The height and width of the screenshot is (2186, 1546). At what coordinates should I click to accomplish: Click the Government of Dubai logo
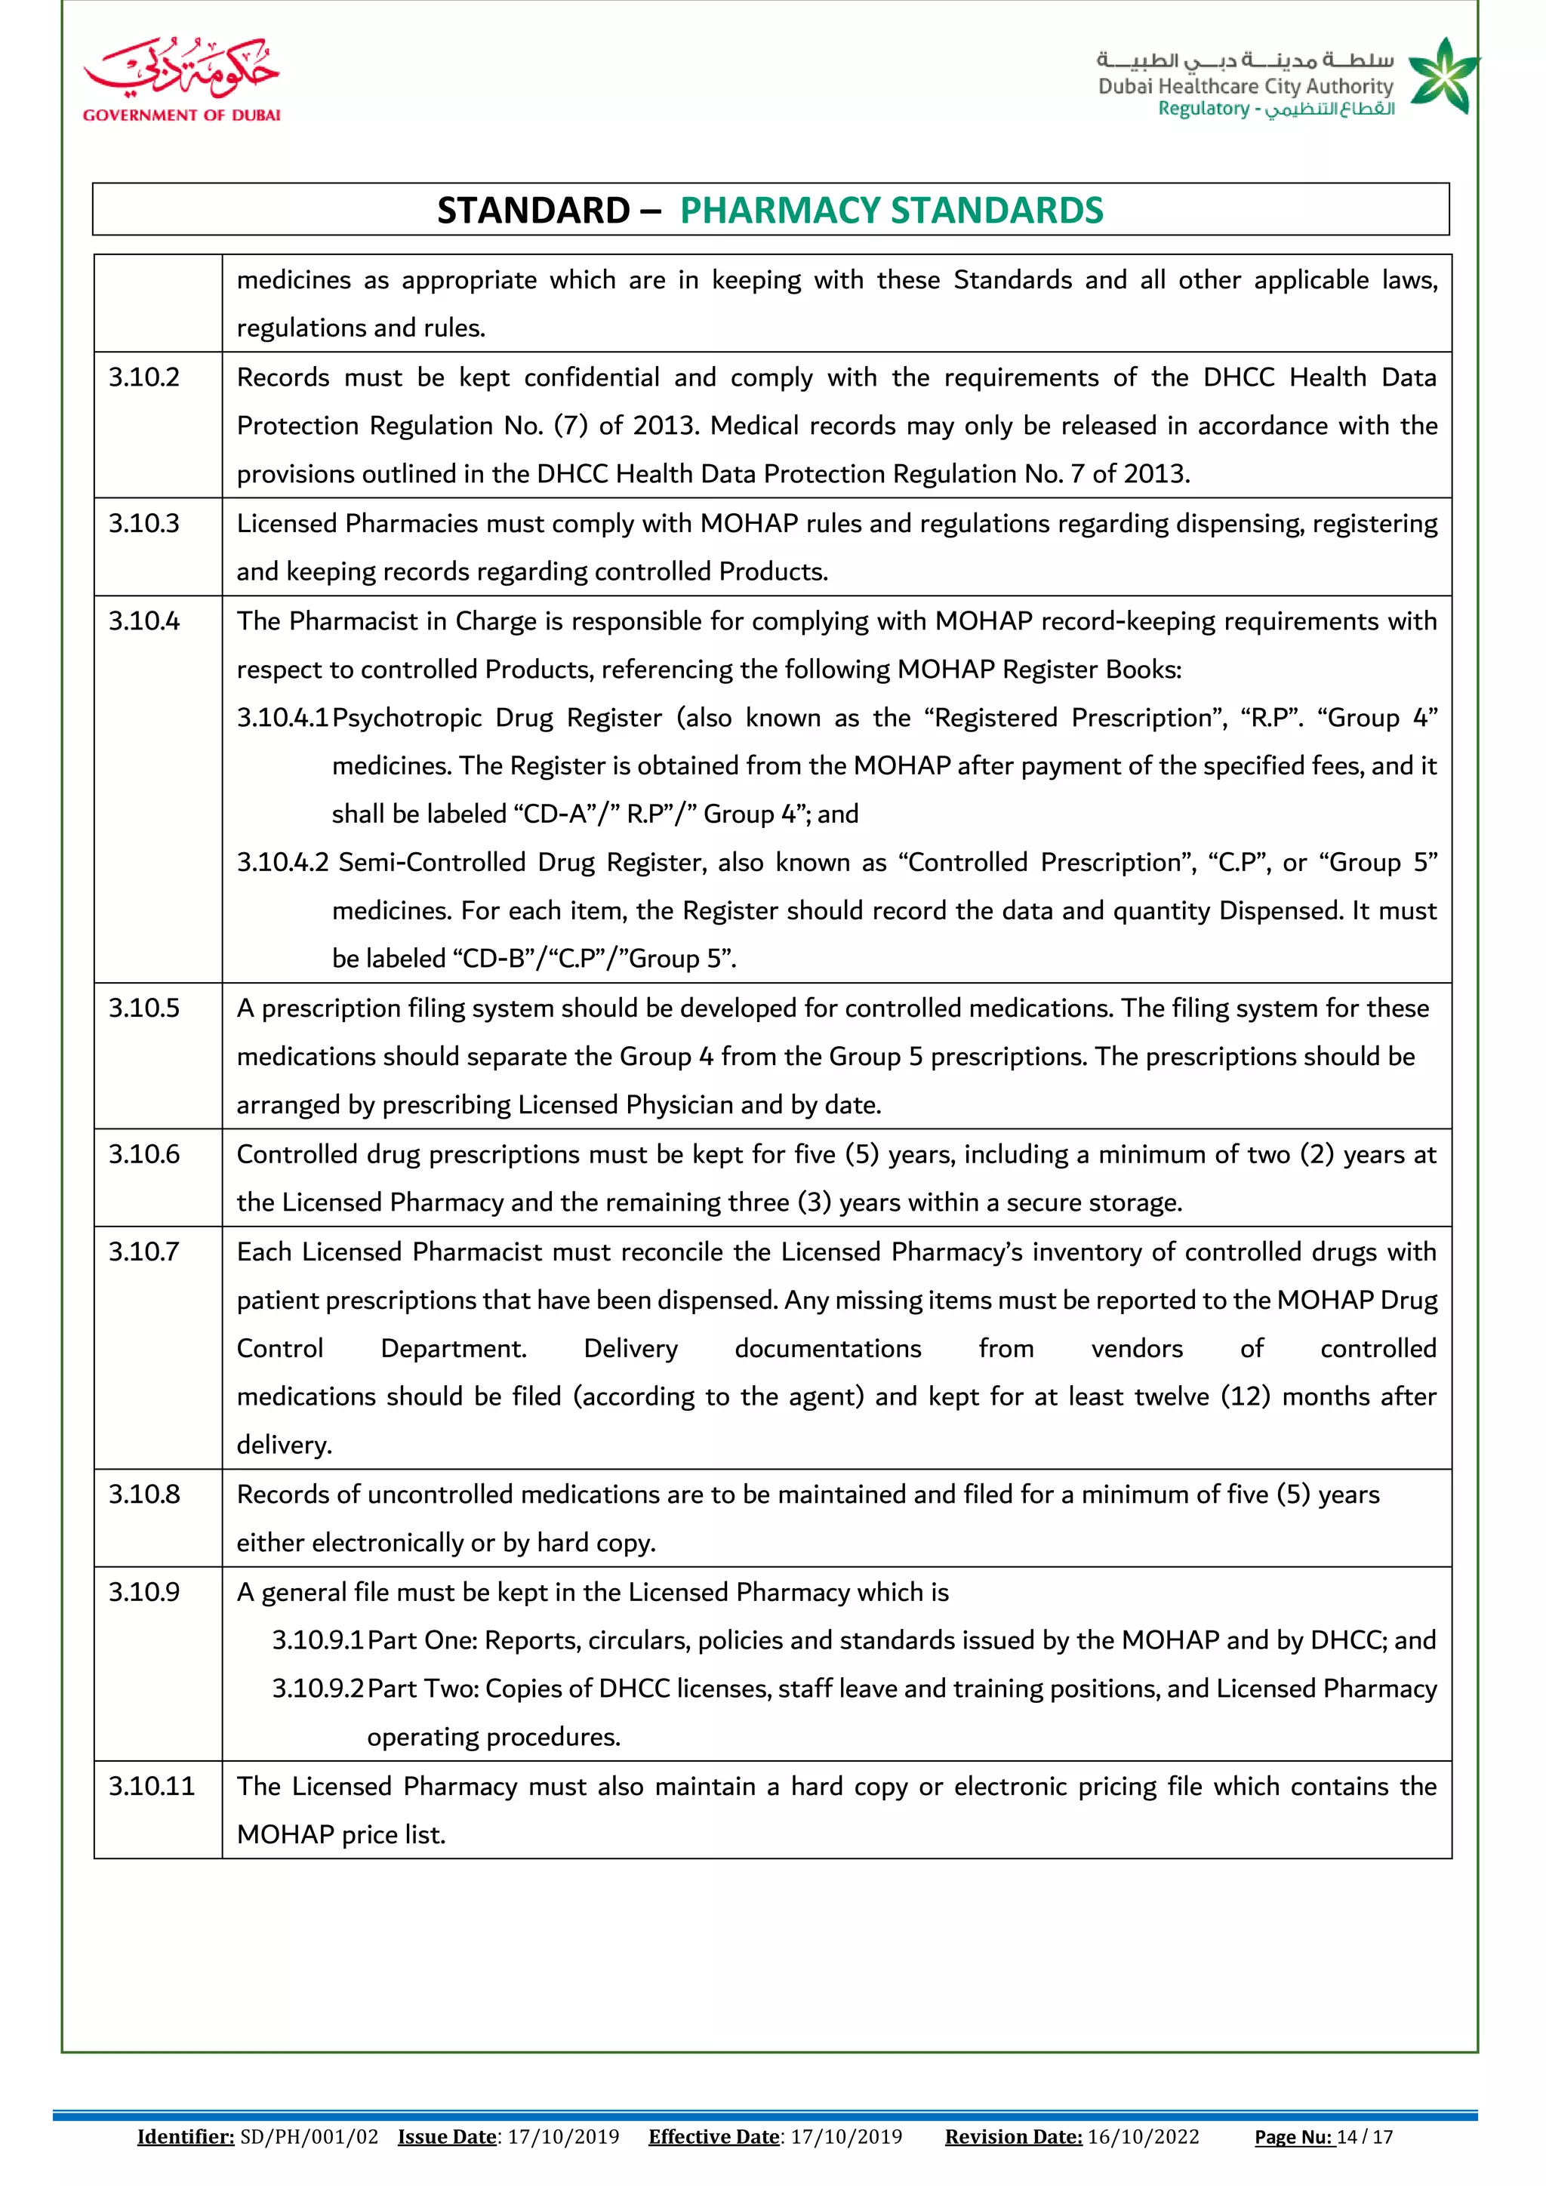[181, 80]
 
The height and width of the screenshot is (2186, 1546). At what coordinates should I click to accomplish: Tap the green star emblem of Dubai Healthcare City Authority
[1443, 76]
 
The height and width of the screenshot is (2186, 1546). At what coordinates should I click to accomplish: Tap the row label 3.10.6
[143, 1154]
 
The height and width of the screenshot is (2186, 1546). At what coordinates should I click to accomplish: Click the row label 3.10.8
[143, 1494]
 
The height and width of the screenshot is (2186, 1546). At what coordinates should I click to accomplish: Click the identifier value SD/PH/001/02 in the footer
[310, 2136]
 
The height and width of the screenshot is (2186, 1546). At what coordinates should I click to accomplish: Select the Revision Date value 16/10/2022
[1144, 2136]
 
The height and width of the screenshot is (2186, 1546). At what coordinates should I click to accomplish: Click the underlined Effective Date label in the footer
[714, 2136]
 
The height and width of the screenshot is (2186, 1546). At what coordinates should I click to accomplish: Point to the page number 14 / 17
[1365, 2136]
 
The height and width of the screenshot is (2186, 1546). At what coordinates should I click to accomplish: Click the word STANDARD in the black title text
[533, 211]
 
